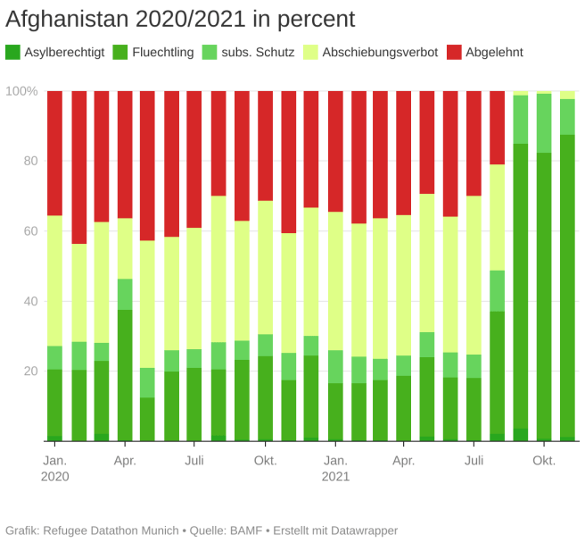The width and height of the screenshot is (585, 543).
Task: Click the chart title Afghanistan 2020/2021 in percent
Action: point(180,19)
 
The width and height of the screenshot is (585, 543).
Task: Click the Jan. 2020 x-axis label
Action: point(54,468)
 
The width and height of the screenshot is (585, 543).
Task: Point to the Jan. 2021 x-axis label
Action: point(335,468)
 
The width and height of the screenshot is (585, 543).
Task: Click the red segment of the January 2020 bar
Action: point(55,153)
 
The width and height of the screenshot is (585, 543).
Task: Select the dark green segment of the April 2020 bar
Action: point(125,375)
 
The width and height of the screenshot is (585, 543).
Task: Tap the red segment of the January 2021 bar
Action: point(335,151)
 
